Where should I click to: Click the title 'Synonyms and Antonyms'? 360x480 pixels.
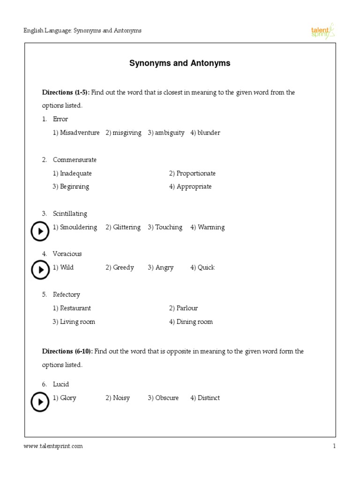[x=180, y=63]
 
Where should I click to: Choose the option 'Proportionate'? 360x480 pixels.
[x=192, y=173]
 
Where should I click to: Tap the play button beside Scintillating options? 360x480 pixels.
[x=40, y=231]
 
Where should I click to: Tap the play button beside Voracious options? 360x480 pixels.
[x=40, y=270]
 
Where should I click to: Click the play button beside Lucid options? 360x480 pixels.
[x=40, y=402]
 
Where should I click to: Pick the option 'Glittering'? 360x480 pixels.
[x=123, y=227]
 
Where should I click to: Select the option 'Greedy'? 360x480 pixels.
[x=120, y=268]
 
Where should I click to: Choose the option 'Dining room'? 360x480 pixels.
[x=191, y=322]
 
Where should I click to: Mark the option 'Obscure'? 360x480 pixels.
[x=163, y=398]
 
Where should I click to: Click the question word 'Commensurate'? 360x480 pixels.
[x=75, y=160]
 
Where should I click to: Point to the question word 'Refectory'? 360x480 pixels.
[x=67, y=295]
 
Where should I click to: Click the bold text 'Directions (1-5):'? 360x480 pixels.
[x=66, y=92]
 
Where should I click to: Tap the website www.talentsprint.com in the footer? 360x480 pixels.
[x=53, y=446]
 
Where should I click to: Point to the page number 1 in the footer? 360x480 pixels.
[x=334, y=446]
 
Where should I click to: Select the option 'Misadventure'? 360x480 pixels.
[x=76, y=133]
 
